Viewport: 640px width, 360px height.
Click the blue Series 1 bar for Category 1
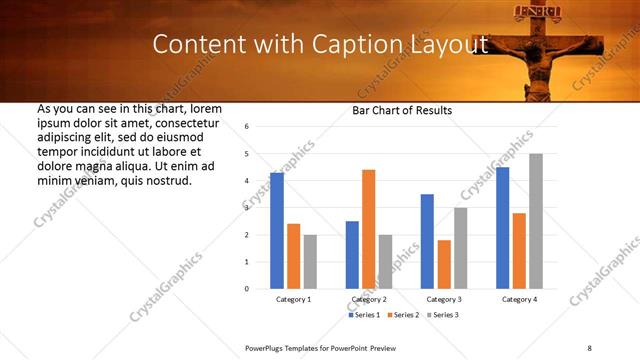click(277, 231)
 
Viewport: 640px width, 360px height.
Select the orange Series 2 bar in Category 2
click(368, 229)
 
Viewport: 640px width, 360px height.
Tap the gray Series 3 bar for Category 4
click(536, 221)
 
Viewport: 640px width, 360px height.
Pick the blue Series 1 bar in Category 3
click(427, 241)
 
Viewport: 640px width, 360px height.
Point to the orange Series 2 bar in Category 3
click(444, 264)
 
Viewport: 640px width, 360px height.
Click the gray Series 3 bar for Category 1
click(310, 262)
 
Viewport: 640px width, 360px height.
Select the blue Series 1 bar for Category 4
click(503, 228)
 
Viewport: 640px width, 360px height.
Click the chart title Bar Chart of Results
click(401, 110)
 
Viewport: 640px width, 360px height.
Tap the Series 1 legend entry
click(364, 315)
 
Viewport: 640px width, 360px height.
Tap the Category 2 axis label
click(369, 299)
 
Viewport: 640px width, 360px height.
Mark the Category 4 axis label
click(519, 299)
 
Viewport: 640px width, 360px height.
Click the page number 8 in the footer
click(589, 347)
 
